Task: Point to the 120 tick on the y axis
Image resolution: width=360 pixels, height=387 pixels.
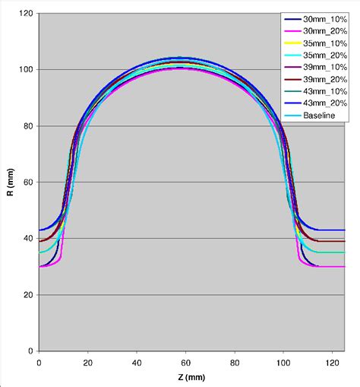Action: [x=26, y=14]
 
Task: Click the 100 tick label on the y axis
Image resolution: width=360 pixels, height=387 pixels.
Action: [x=26, y=70]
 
